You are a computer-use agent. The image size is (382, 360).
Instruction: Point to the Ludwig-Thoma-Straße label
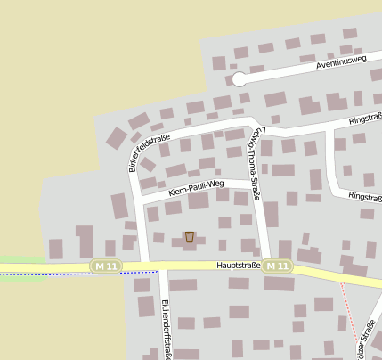(x=253, y=162)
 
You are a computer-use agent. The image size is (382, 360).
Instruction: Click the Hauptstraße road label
(x=238, y=266)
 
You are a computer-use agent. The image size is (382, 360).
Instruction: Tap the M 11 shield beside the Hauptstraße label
(x=277, y=266)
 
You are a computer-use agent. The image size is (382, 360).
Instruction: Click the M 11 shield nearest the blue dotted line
(x=105, y=266)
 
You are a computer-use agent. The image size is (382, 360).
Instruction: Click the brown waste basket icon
(x=189, y=236)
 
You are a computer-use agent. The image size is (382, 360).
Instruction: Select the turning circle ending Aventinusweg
(x=239, y=79)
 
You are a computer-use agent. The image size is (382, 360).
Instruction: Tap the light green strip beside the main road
(x=22, y=259)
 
